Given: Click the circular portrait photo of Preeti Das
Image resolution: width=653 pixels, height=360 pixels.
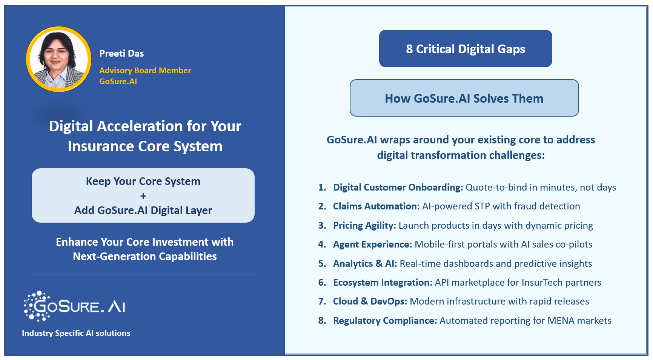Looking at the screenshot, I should pos(58,59).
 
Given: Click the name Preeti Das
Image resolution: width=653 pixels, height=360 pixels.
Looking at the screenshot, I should pos(121,54).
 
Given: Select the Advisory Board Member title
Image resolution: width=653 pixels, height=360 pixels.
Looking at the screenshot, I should pos(145,71).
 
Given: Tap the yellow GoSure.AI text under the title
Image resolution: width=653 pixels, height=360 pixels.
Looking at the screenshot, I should pos(118,82).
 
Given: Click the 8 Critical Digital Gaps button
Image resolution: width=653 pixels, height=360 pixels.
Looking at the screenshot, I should pos(465,49).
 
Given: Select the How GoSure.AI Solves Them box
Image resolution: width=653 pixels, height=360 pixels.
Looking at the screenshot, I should pos(464,98).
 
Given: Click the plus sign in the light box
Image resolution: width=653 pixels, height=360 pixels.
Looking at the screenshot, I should pos(143,196).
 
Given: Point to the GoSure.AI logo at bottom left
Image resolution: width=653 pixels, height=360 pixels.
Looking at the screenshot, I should pos(75,306).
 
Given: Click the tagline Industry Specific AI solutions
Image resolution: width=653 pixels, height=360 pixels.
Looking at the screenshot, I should pos(76,333).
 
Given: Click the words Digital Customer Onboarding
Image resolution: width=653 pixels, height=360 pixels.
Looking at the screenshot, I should pos(398,188).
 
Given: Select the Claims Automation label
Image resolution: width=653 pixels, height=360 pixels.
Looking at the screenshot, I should pos(376,206).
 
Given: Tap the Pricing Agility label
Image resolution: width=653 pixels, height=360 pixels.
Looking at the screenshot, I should pos(364,226).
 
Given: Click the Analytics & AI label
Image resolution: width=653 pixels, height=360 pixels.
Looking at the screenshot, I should pos(365,264).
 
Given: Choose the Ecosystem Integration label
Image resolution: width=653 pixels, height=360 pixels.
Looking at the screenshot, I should pos(383,283).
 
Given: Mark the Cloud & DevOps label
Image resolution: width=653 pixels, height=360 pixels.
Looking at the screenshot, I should pos(370,302).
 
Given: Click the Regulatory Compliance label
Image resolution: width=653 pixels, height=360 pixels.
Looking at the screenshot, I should pos(385,321).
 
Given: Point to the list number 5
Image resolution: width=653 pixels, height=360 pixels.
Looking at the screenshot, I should pos(322,264).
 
